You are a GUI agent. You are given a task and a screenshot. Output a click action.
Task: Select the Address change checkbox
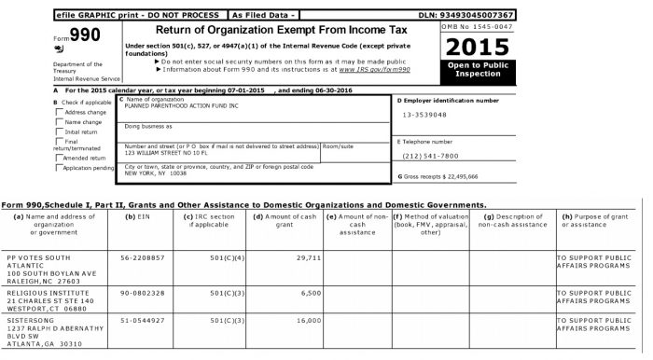(x=60, y=112)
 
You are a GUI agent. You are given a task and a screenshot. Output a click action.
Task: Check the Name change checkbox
(x=60, y=122)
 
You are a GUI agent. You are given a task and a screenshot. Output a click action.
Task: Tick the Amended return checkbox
(x=60, y=158)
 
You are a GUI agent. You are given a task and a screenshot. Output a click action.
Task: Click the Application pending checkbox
(x=60, y=168)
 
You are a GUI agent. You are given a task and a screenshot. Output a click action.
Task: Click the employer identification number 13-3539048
(x=424, y=115)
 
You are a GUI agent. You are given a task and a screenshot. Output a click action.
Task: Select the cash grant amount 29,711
(x=308, y=256)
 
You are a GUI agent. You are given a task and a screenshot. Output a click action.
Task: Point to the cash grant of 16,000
(x=308, y=319)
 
